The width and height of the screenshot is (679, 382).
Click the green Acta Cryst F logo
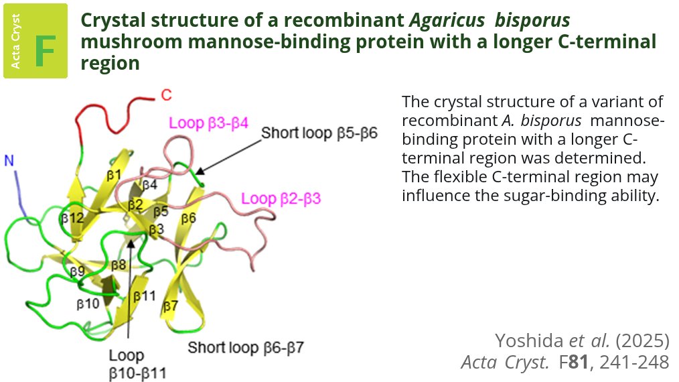[35, 41]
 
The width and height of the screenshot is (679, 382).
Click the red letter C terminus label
[166, 94]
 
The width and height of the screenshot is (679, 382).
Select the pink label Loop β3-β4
[208, 123]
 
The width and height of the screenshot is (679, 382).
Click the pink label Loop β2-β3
[281, 198]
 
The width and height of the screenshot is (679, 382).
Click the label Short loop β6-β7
[246, 348]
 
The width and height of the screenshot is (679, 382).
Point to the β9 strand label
[78, 271]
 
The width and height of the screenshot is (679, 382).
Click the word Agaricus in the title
[449, 21]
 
